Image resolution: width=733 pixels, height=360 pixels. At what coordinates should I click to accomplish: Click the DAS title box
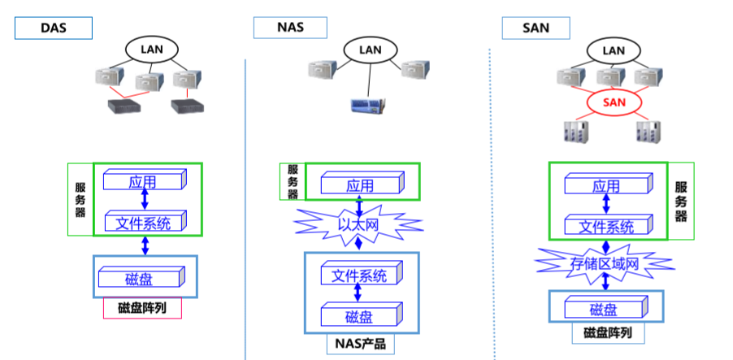coord(53,28)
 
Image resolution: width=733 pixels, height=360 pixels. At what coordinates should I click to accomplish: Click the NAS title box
coord(290,28)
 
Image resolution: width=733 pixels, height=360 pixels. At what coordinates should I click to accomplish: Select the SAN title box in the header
coord(537,28)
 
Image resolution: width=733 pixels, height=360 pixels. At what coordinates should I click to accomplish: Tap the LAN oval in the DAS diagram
coord(152,49)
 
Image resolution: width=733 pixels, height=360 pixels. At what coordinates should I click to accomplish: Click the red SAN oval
coord(614,102)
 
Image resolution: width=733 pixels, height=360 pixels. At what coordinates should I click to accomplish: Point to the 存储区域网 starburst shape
coord(603,262)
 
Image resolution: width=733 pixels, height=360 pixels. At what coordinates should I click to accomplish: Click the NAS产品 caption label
coord(360,344)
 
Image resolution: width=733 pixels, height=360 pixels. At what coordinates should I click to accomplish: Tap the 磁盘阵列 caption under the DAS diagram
coord(142,308)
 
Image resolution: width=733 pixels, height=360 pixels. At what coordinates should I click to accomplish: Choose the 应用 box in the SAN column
coord(605,186)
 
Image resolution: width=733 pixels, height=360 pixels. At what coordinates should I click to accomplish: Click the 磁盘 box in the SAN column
coord(605,309)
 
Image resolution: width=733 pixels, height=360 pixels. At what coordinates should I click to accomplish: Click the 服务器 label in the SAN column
coord(681,201)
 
